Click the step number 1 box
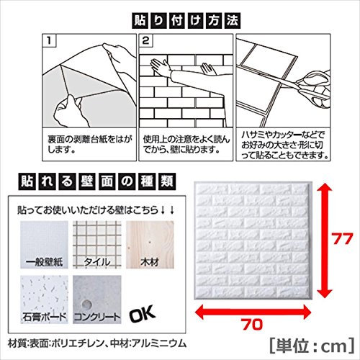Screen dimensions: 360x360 coord(50,40)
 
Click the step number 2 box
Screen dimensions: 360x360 coord(146,40)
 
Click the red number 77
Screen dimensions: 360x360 coord(343,239)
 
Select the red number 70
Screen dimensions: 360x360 coord(252,325)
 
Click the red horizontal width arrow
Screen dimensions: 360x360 coord(253,312)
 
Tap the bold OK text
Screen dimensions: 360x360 coord(142,315)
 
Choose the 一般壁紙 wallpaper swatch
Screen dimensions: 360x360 coord(44,245)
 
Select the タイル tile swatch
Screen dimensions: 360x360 coord(97,245)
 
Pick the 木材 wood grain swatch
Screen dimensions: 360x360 coord(150,245)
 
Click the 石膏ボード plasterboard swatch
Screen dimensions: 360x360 coord(44,300)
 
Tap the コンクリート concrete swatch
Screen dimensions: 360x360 coord(97,300)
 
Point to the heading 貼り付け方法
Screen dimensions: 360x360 coord(186,21)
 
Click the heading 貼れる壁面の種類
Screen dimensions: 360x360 coord(97,181)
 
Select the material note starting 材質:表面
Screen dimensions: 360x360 coord(97,343)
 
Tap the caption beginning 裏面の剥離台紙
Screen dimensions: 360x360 coord(90,145)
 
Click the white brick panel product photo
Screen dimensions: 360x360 coord(253,240)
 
